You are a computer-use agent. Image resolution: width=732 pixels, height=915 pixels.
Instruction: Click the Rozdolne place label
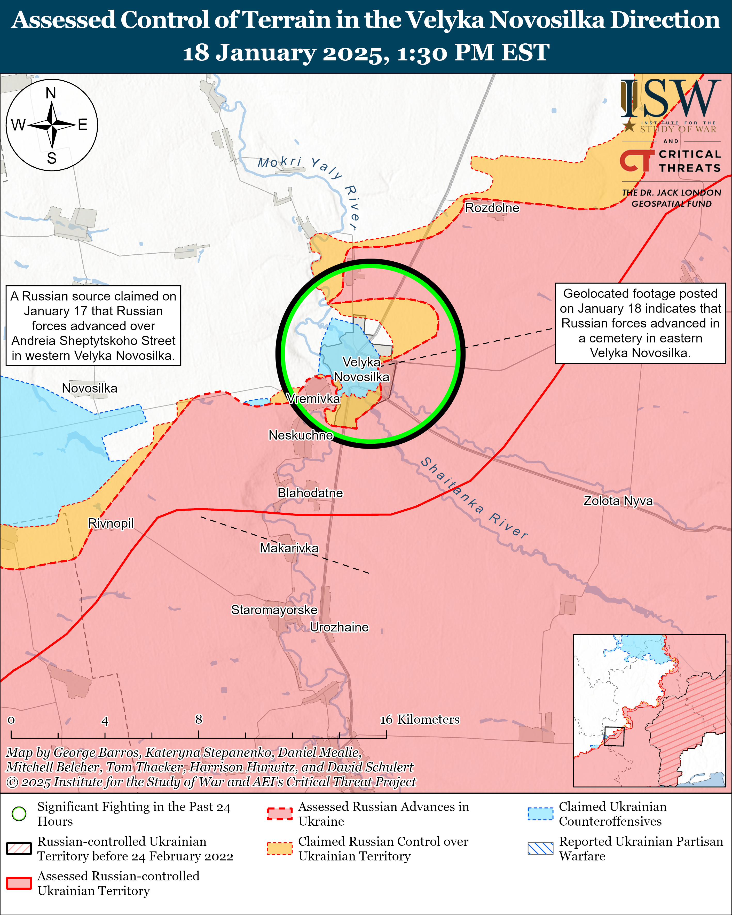tap(492, 208)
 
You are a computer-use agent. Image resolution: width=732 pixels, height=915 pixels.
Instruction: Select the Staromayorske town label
tap(274, 610)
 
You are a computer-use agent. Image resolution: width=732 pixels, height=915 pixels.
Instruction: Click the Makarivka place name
tap(289, 548)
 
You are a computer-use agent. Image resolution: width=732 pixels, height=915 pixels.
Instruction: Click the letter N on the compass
tap(51, 93)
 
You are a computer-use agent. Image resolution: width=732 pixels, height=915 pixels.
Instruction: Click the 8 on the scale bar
tap(199, 719)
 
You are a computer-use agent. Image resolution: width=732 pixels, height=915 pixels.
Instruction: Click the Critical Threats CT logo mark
tap(636, 161)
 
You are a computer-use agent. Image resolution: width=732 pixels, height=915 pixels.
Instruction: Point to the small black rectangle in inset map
tap(614, 736)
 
